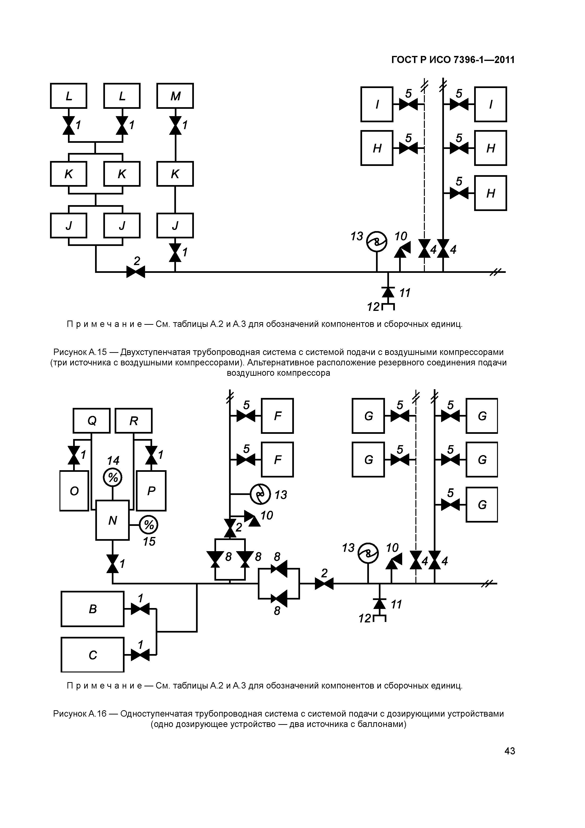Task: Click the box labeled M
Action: click(x=175, y=96)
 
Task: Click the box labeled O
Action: click(x=74, y=491)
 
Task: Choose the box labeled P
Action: click(x=151, y=491)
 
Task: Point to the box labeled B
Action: click(x=93, y=609)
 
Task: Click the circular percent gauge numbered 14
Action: click(x=113, y=478)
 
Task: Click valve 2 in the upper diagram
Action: click(x=136, y=272)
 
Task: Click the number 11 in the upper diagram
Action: click(x=405, y=293)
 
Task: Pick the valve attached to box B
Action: click(x=140, y=609)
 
